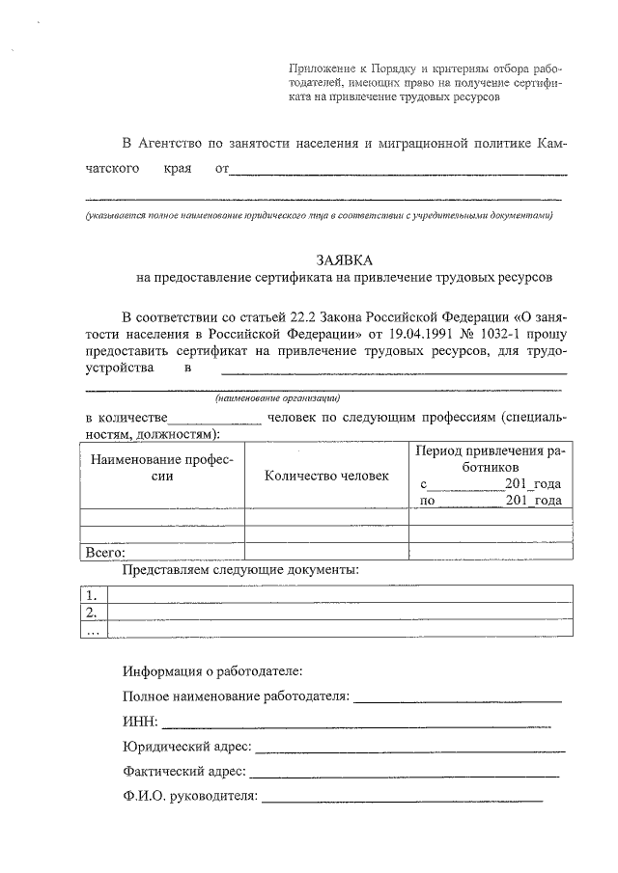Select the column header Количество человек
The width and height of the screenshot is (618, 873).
326,476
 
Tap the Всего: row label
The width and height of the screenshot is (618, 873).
106,554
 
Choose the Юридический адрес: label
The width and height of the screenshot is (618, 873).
187,746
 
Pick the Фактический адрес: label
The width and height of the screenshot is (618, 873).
184,771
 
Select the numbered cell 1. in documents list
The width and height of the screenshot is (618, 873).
93,594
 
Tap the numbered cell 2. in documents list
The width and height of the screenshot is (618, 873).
93,612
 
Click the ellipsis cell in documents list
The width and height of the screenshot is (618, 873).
93,630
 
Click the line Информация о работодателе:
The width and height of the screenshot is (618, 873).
212,669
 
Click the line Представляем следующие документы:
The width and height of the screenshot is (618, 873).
240,570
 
